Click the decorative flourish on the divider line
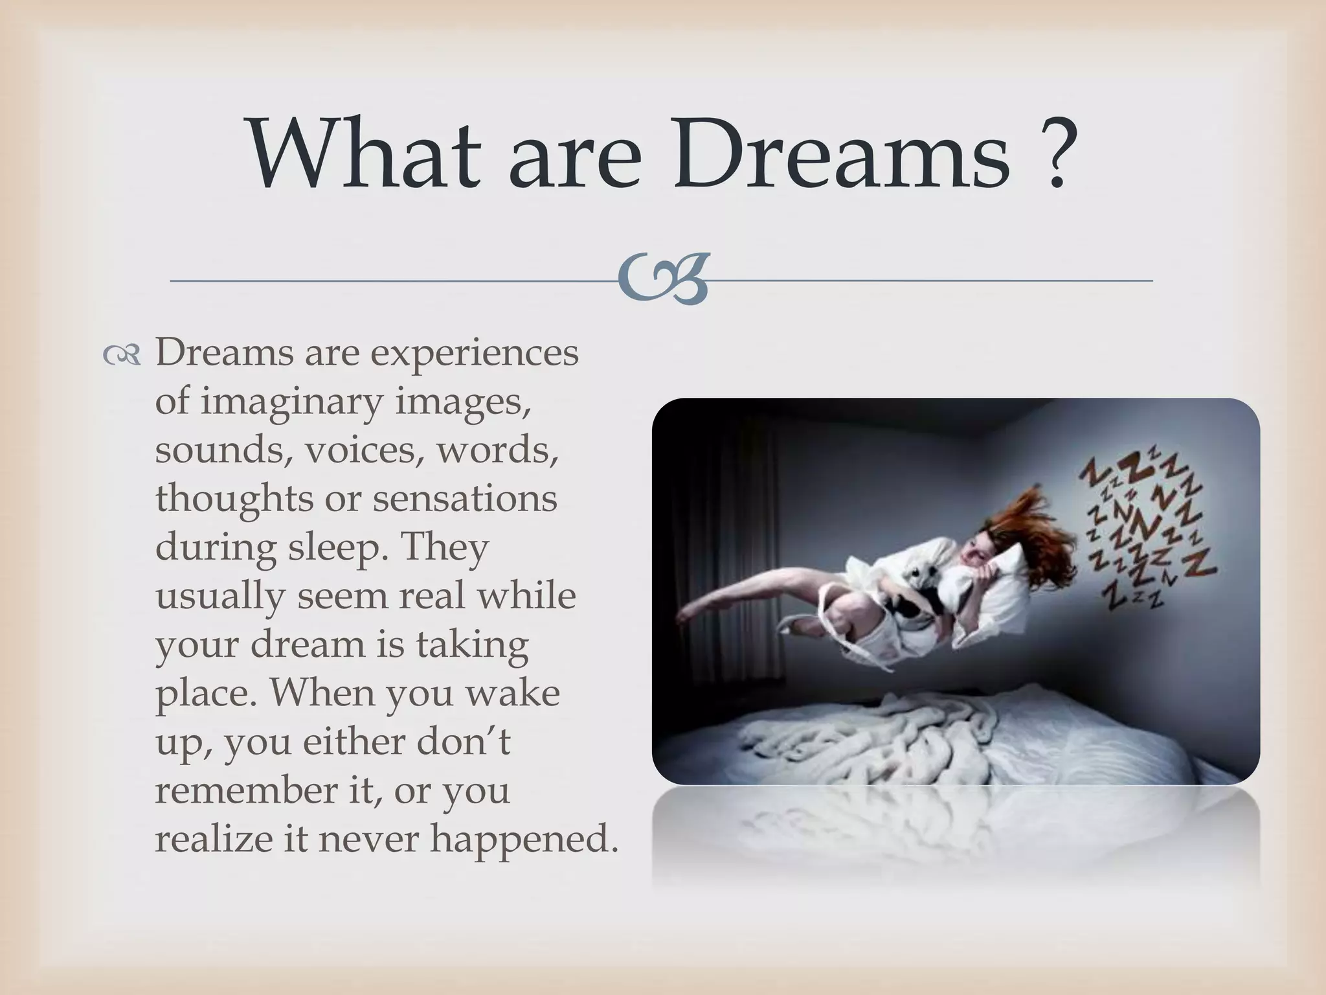[x=662, y=280]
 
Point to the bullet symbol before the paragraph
[x=121, y=355]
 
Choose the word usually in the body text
[x=219, y=596]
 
